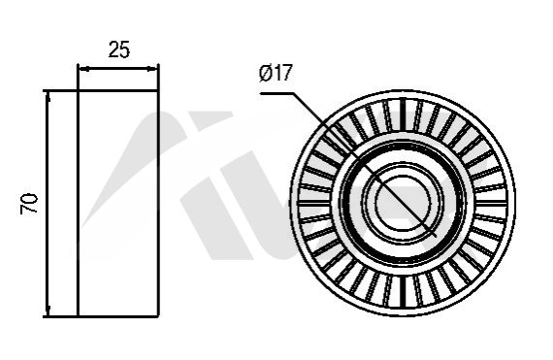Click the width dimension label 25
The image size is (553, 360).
coord(119,49)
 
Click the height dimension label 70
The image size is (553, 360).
coord(29,204)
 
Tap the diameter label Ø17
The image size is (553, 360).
coord(276,73)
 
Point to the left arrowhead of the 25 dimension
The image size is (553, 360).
coord(82,69)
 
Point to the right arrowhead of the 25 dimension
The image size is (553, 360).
coord(153,69)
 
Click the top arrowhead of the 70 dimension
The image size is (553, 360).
coord(48,96)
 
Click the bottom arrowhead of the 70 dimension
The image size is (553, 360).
coord(48,311)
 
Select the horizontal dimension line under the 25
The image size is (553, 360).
coord(118,69)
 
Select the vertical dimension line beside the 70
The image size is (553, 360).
coord(48,204)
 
